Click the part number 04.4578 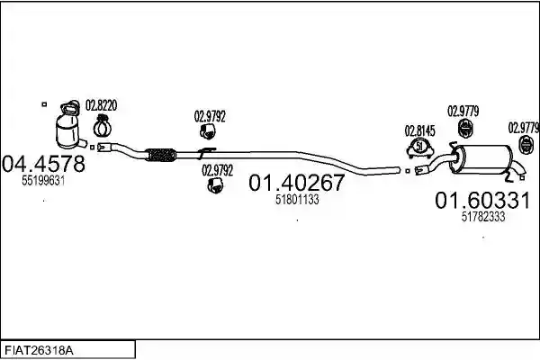point(43,164)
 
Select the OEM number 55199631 point(43,180)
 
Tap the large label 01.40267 point(296,182)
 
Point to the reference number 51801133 point(297,200)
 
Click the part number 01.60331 point(482,200)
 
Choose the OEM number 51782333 point(483,217)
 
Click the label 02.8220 point(101,105)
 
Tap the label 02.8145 point(419,130)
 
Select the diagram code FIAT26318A point(39,351)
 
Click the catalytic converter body point(67,131)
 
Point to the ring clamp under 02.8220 point(102,126)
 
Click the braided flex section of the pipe point(160,156)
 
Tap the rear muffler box point(482,159)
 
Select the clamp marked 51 point(419,148)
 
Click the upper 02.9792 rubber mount point(208,131)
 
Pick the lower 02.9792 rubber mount point(215,185)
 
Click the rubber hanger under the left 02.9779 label point(465,129)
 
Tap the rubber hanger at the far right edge point(526,145)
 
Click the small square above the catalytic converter point(44,103)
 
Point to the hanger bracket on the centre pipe point(206,153)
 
